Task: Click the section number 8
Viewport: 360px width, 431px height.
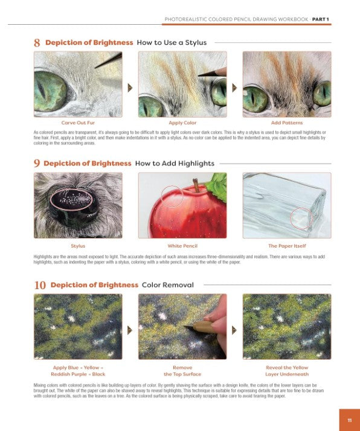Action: [37, 43]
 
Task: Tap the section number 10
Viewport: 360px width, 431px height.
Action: [40, 285]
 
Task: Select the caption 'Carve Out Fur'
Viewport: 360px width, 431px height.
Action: [78, 123]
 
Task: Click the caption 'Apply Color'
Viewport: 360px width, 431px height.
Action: [182, 123]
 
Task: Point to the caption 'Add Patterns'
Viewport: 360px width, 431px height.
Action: [287, 123]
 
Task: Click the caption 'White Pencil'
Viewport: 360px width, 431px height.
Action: [182, 246]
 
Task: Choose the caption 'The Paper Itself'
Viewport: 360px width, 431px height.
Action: [287, 246]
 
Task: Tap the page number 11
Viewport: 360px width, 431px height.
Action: [350, 420]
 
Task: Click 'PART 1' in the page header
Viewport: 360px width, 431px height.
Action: [320, 19]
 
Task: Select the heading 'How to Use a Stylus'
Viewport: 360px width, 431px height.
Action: [172, 43]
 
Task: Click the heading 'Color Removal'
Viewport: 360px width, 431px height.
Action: [168, 285]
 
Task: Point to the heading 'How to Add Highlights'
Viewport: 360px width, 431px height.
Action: [175, 163]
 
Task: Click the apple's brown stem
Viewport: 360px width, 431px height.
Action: [196, 185]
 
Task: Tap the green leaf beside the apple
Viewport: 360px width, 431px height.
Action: [217, 185]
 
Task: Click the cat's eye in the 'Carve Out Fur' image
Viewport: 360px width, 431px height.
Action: [51, 91]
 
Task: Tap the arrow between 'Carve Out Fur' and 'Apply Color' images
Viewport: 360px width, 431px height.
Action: [130, 88]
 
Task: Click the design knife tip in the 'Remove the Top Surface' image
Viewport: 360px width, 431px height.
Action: [184, 327]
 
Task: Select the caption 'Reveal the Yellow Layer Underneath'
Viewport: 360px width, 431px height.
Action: [287, 371]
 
